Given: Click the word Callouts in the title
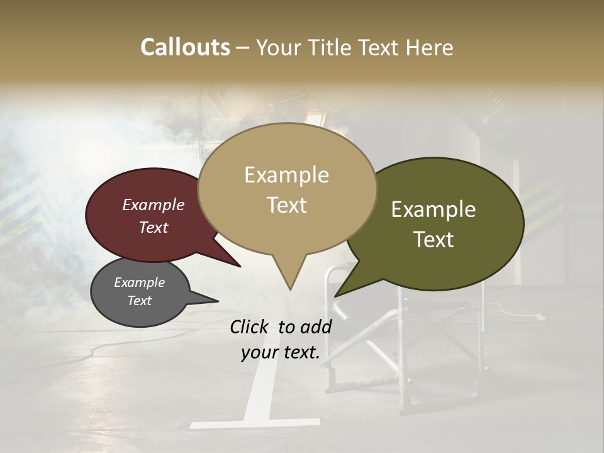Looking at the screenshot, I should pyautogui.click(x=185, y=47).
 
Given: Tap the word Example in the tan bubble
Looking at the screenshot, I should pyautogui.click(x=286, y=175).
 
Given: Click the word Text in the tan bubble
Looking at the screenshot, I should pyautogui.click(x=286, y=205).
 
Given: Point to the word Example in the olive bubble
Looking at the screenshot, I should pyautogui.click(x=433, y=210).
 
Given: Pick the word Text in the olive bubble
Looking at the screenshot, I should pyautogui.click(x=433, y=240).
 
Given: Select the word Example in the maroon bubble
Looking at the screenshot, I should pyautogui.click(x=153, y=205).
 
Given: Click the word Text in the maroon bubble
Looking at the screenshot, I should pyautogui.click(x=153, y=227).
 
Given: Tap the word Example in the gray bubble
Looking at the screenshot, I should pyautogui.click(x=139, y=282).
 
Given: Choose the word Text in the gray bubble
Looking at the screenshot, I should pyautogui.click(x=139, y=301).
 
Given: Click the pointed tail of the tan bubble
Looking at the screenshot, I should pyautogui.click(x=290, y=286).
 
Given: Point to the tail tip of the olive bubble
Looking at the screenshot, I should pyautogui.click(x=338, y=294).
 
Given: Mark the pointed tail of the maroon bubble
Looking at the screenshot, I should pyautogui.click(x=237, y=265).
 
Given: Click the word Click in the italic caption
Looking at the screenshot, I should pyautogui.click(x=250, y=327).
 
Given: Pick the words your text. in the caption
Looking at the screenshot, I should pyautogui.click(x=280, y=353).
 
